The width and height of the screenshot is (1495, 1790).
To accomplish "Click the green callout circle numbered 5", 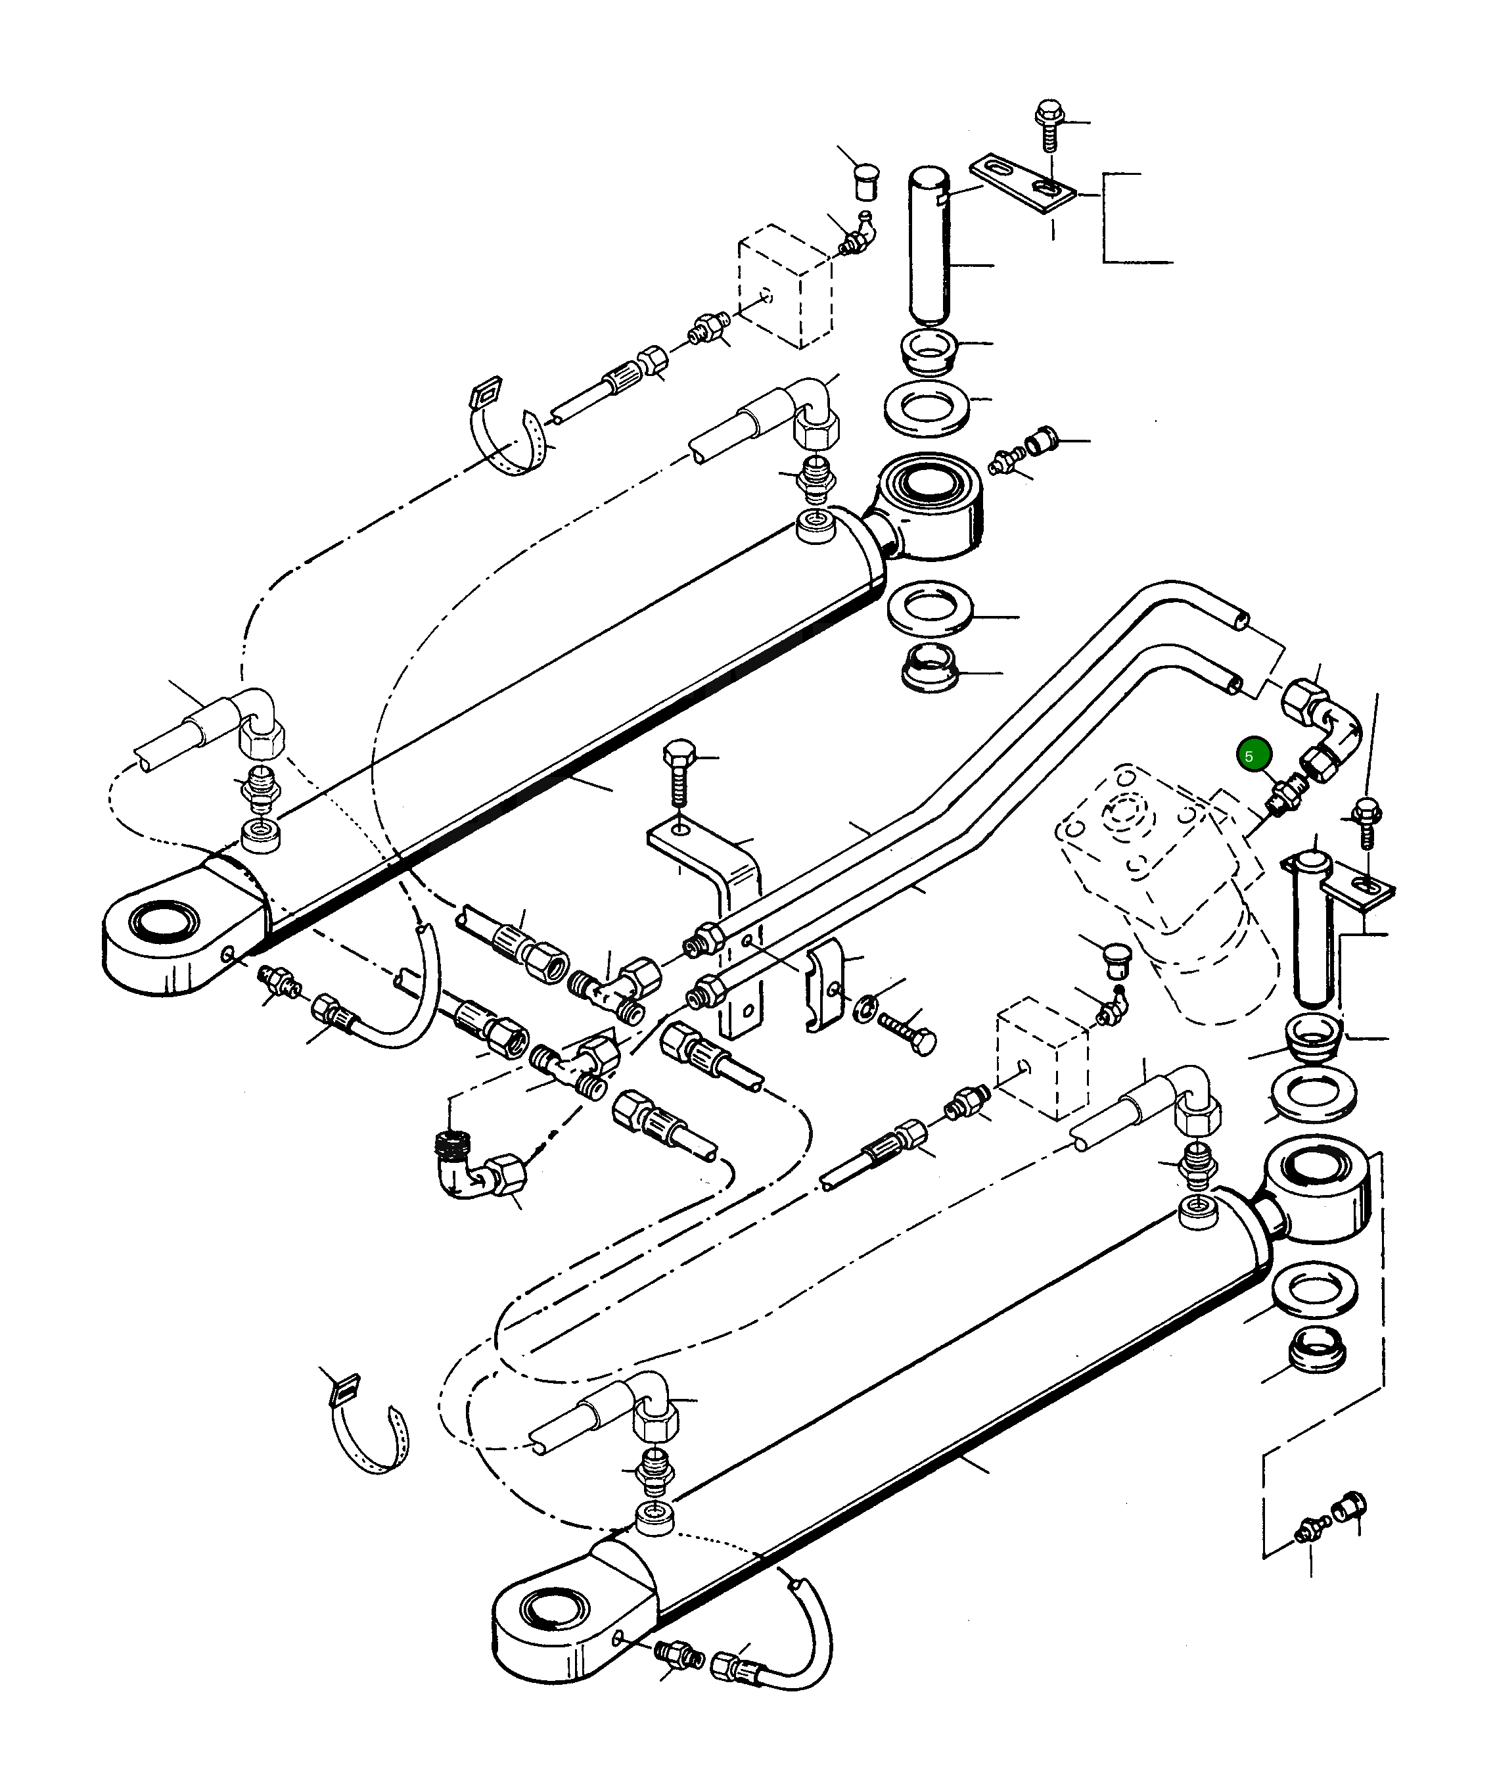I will (x=1254, y=755).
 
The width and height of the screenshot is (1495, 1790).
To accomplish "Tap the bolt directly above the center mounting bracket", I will (x=679, y=771).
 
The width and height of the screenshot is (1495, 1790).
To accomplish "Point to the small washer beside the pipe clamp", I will (x=864, y=1006).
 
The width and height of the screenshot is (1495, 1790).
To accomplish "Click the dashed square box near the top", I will (x=783, y=285).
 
